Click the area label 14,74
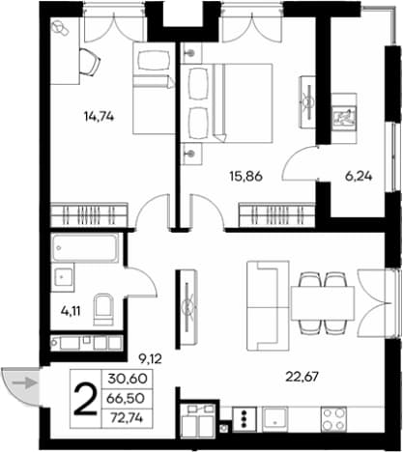point(99,116)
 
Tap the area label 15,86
point(246,176)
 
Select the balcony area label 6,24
point(359,176)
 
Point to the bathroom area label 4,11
point(71,311)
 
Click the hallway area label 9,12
point(150,358)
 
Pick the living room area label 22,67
point(302,376)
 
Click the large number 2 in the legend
point(85,400)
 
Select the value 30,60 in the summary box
point(128,379)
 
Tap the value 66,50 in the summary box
point(126,399)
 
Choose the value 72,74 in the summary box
point(127,418)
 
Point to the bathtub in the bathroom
point(85,248)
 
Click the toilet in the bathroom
point(103,309)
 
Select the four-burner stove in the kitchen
point(333,419)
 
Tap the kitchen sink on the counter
point(274,419)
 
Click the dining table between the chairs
point(323,302)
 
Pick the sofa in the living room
point(268,305)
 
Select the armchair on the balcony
point(344,118)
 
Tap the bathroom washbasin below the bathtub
point(63,277)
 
